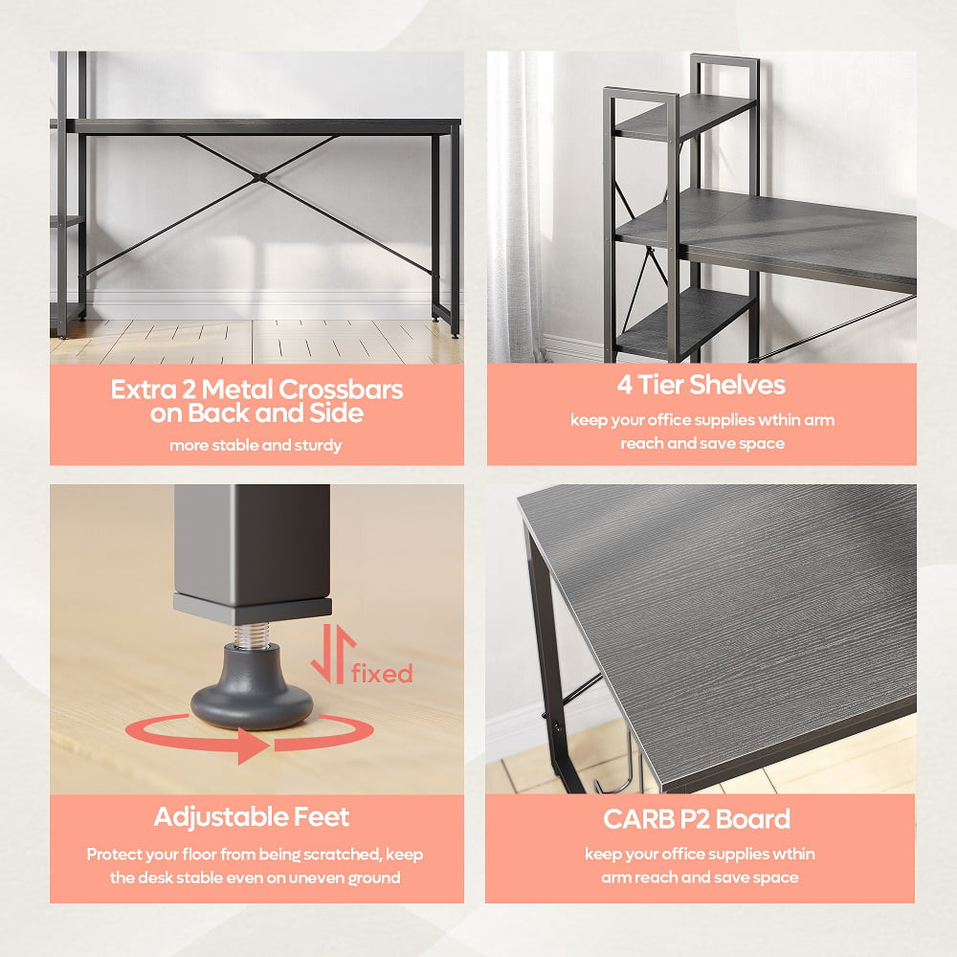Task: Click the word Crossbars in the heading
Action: click(342, 389)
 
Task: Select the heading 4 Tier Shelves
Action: click(701, 385)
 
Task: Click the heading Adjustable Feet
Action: click(252, 816)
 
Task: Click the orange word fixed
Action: click(382, 673)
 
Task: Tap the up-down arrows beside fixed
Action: click(333, 653)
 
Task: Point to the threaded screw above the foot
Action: click(252, 634)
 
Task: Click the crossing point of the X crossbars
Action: click(262, 178)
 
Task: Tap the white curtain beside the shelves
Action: click(516, 208)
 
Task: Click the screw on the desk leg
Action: click(557, 726)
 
